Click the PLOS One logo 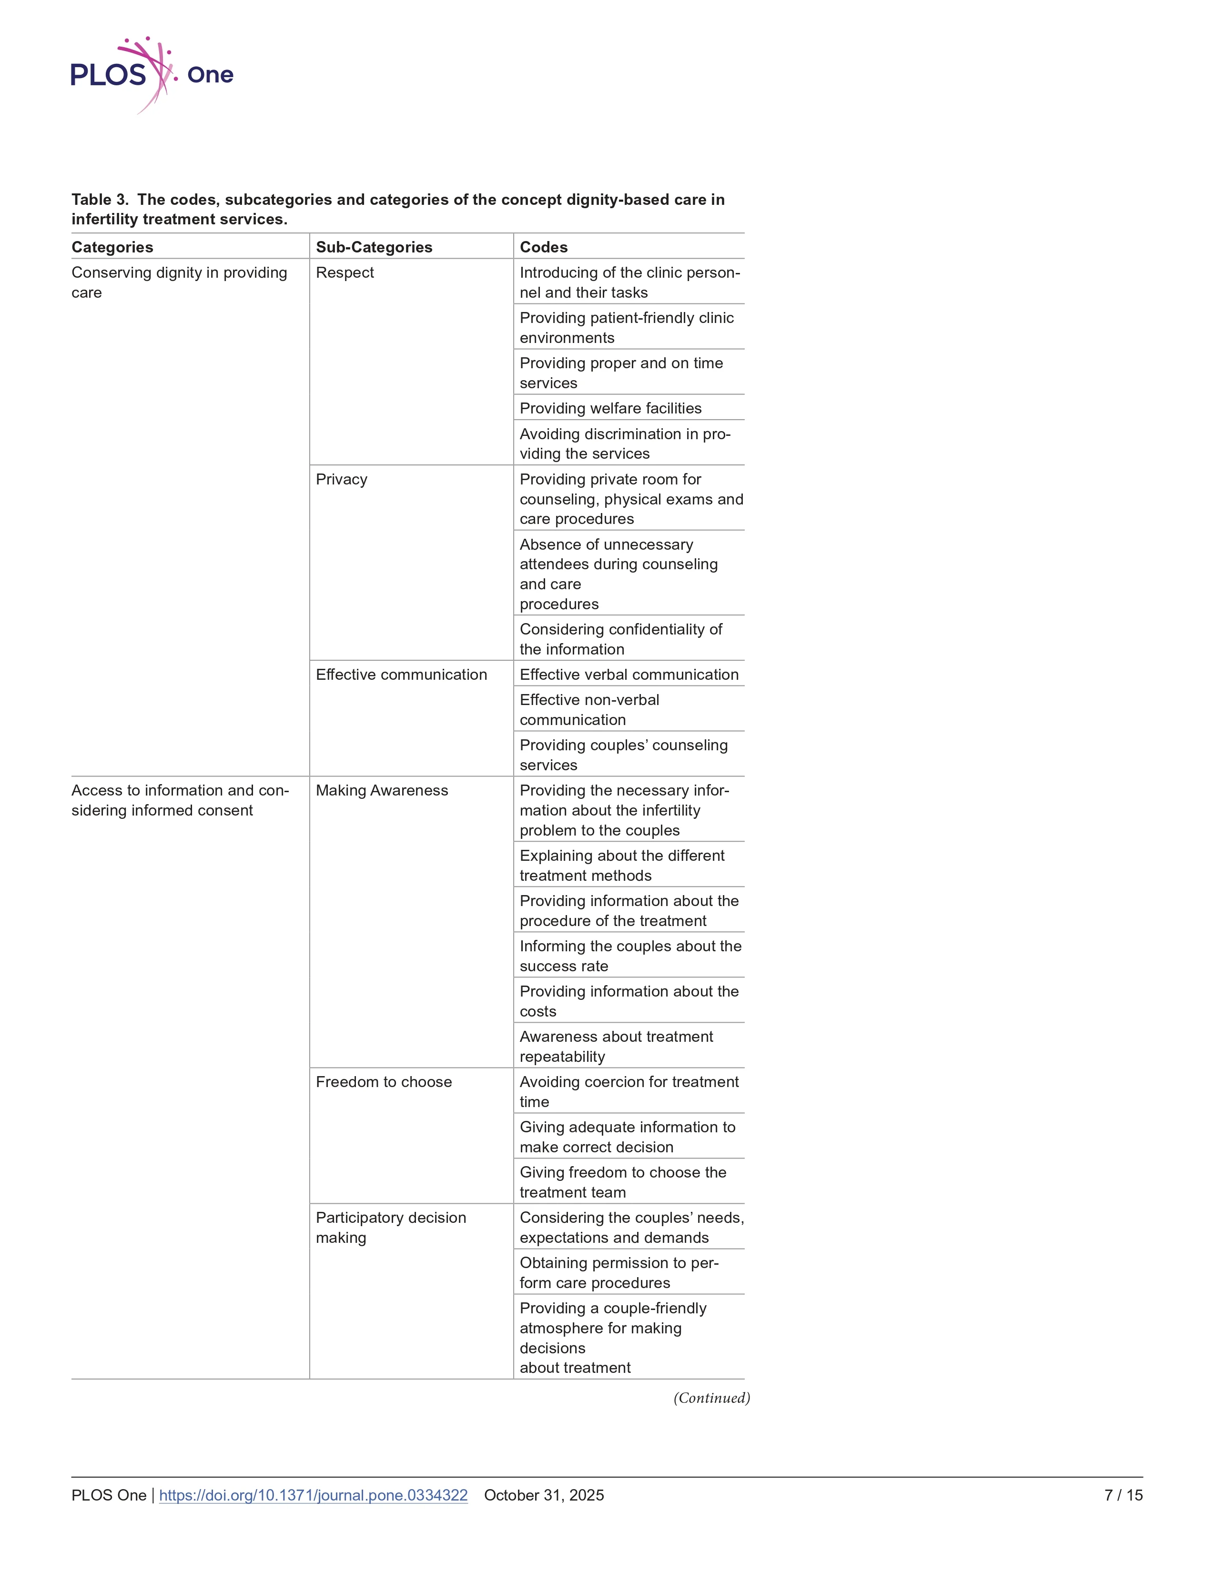pos(151,75)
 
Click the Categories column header pos(112,247)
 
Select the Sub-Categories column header pos(374,247)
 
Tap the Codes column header pos(544,247)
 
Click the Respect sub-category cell pos(345,273)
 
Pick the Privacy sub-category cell pos(341,479)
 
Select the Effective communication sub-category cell pos(401,675)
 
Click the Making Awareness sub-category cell pos(382,790)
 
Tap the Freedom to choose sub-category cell pos(384,1082)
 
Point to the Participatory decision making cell pos(390,1227)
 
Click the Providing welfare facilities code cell pos(610,408)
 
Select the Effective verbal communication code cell pos(628,675)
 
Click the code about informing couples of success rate pos(630,956)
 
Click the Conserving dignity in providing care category pos(179,282)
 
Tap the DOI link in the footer pos(313,1495)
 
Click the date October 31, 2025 pos(544,1495)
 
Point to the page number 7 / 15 pos(1123,1495)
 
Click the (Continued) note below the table pos(711,1398)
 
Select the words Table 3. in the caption pos(100,200)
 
